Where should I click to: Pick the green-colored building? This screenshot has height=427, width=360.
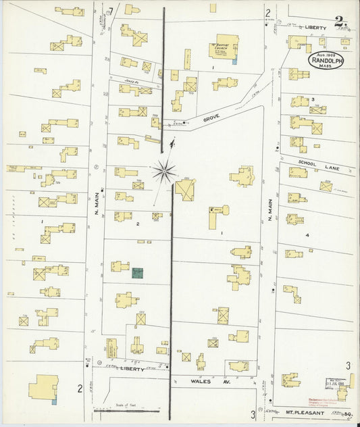tap(137, 272)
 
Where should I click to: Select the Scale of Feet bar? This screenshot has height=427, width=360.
tap(127, 410)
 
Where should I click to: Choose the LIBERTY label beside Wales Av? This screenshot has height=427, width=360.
tap(131, 370)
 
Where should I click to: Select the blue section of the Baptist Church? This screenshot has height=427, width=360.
tap(234, 61)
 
